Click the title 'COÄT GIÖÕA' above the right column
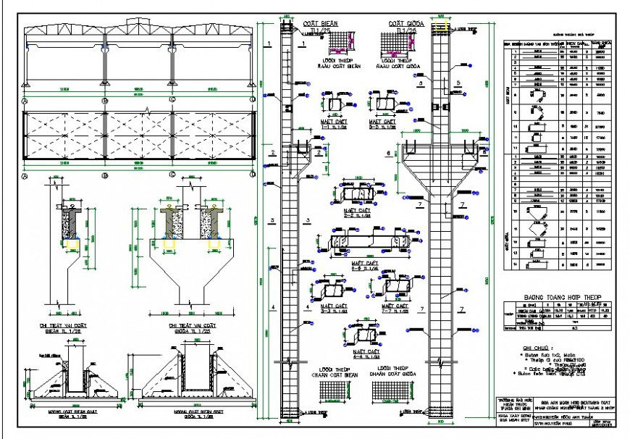395,23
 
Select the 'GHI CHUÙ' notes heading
537,348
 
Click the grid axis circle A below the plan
25,175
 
